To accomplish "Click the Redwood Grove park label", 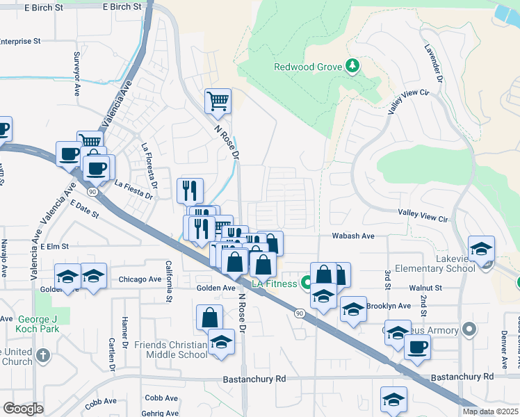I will point(308,67).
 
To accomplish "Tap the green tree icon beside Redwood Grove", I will point(353,67).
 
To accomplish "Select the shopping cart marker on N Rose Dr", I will point(218,101).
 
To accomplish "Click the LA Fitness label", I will point(273,284).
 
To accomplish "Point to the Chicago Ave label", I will point(140,280).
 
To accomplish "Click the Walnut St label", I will point(425,287).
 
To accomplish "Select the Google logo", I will point(24,409).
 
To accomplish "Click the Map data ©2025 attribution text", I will point(490,411).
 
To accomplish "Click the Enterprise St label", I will point(25,42).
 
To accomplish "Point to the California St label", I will point(168,281).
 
